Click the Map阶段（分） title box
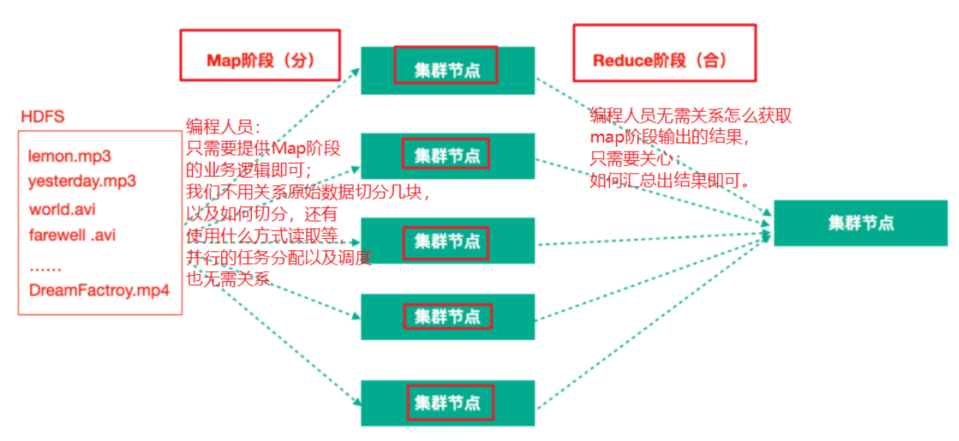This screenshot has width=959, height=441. tap(259, 55)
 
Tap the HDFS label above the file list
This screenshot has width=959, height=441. tap(42, 117)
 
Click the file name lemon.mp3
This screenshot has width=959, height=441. tap(70, 156)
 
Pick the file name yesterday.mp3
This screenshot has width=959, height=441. tap(82, 181)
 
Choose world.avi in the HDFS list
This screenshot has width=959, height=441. tap(62, 209)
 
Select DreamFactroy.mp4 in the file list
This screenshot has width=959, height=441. tap(99, 291)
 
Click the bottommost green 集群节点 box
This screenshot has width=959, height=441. tap(447, 403)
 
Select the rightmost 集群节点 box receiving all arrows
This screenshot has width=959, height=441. tap(860, 223)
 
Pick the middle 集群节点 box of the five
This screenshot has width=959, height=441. tap(447, 240)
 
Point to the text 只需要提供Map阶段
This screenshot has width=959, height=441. tap(263, 149)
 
